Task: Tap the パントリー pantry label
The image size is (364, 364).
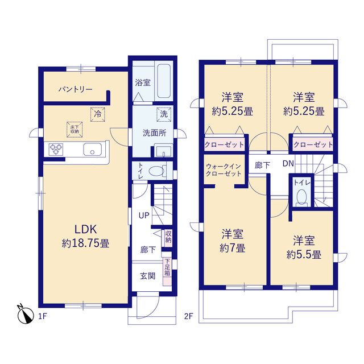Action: [76, 89]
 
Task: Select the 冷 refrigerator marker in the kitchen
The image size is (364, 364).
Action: [98, 114]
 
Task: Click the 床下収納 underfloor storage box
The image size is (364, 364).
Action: [75, 129]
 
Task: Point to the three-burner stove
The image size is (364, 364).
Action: [56, 149]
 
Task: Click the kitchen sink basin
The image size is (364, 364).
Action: [92, 149]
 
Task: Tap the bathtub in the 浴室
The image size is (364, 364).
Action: [164, 81]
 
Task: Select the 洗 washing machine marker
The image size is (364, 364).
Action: [164, 114]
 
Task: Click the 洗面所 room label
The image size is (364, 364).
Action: [154, 133]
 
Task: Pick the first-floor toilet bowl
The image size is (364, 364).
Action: [156, 171]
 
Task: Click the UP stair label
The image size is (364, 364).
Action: [144, 216]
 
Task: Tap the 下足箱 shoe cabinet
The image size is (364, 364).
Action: [168, 268]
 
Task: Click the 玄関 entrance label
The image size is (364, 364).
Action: [148, 276]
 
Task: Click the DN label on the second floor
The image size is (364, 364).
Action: [288, 164]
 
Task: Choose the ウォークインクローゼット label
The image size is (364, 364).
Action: [224, 170]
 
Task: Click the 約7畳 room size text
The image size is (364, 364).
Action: [233, 249]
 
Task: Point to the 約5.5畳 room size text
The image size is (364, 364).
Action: [304, 255]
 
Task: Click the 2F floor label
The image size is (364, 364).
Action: [189, 316]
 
